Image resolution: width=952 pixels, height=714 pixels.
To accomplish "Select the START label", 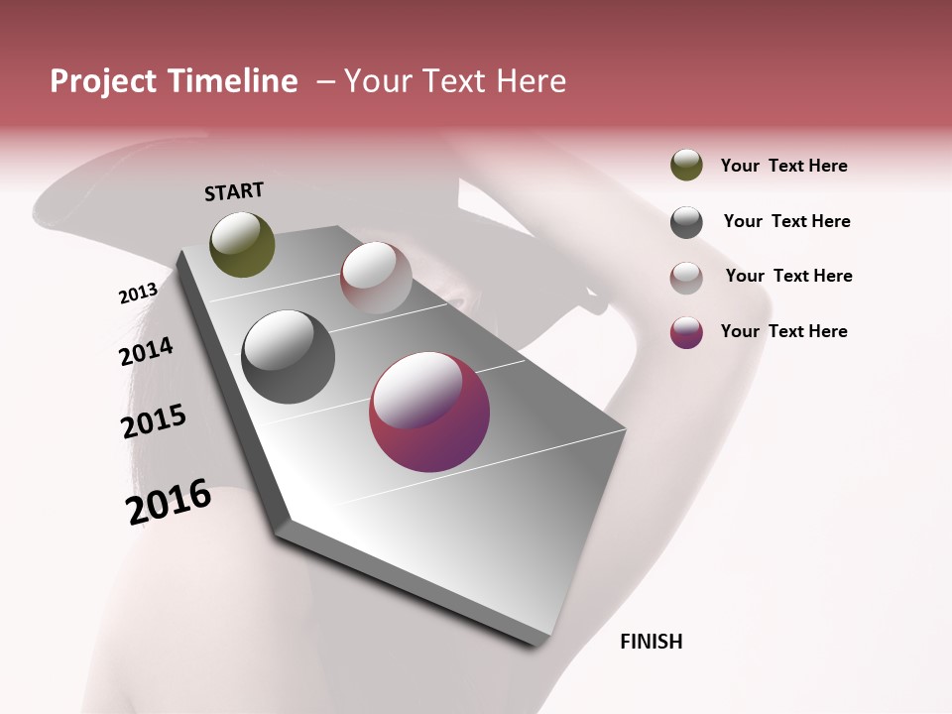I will pyautogui.click(x=234, y=191).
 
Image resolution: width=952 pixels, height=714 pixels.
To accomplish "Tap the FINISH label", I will pyautogui.click(x=651, y=642).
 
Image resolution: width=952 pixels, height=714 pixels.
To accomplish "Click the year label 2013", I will pyautogui.click(x=138, y=294).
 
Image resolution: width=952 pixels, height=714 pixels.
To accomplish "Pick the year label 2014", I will pyautogui.click(x=146, y=351).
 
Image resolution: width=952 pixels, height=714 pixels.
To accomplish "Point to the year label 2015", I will pyautogui.click(x=154, y=421).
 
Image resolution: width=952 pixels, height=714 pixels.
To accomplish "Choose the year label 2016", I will pyautogui.click(x=169, y=502).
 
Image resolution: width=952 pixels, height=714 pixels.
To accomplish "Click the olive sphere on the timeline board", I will pyautogui.click(x=243, y=244).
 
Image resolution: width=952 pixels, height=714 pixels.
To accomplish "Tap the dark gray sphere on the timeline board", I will pyautogui.click(x=289, y=357).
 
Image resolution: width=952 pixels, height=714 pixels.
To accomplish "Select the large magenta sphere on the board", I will pyautogui.click(x=429, y=413).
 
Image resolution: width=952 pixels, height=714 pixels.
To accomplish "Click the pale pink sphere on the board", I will pyautogui.click(x=376, y=278).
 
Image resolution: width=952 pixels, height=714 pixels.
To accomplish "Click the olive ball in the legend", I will pyautogui.click(x=686, y=166).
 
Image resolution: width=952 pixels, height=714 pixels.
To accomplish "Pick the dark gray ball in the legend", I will pyautogui.click(x=686, y=222).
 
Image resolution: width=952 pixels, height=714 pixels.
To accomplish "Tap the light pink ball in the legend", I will pyautogui.click(x=686, y=278).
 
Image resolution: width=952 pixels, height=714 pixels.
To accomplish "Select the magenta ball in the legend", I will pyautogui.click(x=686, y=332).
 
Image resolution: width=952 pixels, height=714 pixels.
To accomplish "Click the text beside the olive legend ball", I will pyautogui.click(x=783, y=166).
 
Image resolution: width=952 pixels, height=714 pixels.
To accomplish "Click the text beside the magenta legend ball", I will pyautogui.click(x=783, y=331).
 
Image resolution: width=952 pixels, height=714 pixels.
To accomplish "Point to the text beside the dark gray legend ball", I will pyautogui.click(x=786, y=221).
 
